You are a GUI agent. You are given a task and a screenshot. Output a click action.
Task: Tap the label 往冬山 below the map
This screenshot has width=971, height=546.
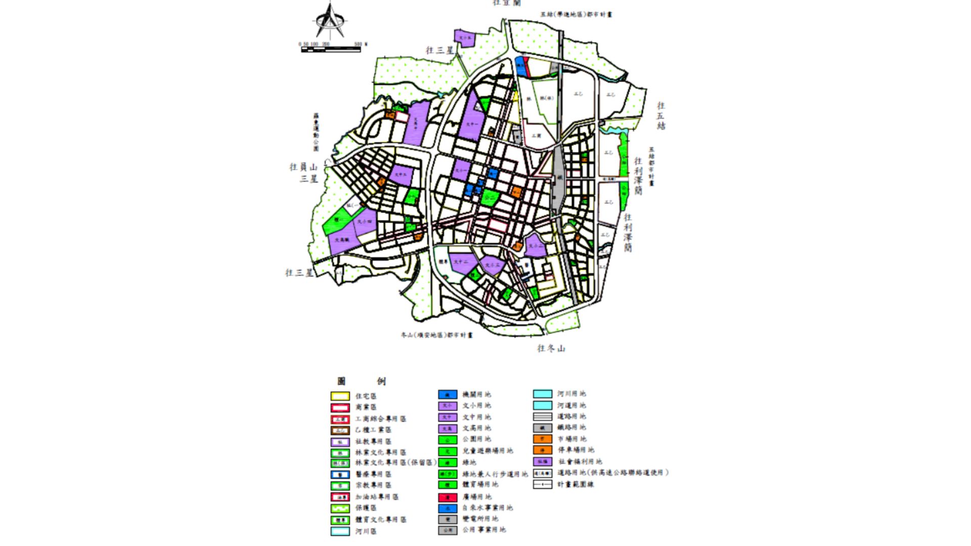pyautogui.click(x=551, y=348)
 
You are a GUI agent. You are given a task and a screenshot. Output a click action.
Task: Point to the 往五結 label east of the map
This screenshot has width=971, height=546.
pyautogui.click(x=661, y=116)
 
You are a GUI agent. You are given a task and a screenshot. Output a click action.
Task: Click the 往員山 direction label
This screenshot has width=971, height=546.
pyautogui.click(x=303, y=167)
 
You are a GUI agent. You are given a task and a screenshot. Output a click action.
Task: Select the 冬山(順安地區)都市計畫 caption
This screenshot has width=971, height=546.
pyautogui.click(x=437, y=335)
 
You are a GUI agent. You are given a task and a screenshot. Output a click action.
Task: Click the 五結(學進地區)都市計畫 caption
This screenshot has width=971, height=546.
pyautogui.click(x=576, y=15)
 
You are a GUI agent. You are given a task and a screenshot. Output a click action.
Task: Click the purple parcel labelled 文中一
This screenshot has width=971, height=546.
pyautogui.click(x=472, y=124)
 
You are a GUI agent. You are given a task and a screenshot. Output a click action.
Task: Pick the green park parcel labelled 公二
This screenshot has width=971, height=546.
pyautogui.click(x=490, y=198)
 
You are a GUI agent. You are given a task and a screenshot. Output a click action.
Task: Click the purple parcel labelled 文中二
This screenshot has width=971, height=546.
pyautogui.click(x=461, y=262)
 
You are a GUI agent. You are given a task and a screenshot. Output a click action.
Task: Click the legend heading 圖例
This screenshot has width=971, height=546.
pyautogui.click(x=361, y=381)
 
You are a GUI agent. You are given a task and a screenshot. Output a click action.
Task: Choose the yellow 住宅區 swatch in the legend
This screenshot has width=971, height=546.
pyautogui.click(x=340, y=396)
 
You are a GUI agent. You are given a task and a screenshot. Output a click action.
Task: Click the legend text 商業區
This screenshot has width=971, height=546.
pyautogui.click(x=366, y=407)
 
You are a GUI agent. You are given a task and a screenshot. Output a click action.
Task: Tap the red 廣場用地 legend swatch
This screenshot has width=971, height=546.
pyautogui.click(x=447, y=497)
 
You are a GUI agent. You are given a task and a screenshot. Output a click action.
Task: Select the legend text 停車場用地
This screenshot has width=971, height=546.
pyautogui.click(x=576, y=450)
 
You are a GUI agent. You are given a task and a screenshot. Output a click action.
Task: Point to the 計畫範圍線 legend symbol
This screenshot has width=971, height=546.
pyautogui.click(x=542, y=484)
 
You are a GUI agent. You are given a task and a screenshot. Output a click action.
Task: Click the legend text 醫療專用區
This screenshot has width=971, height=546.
pyautogui.click(x=373, y=474)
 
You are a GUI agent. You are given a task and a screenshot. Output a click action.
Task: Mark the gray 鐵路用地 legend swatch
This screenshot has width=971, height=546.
pyautogui.click(x=542, y=428)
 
